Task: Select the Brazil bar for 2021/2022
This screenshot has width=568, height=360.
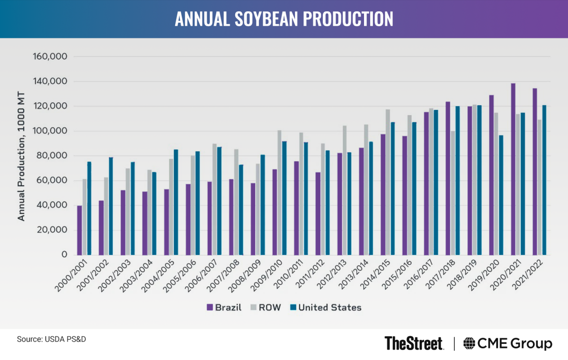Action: click(x=535, y=171)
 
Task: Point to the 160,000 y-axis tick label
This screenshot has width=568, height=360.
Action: click(x=51, y=57)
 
